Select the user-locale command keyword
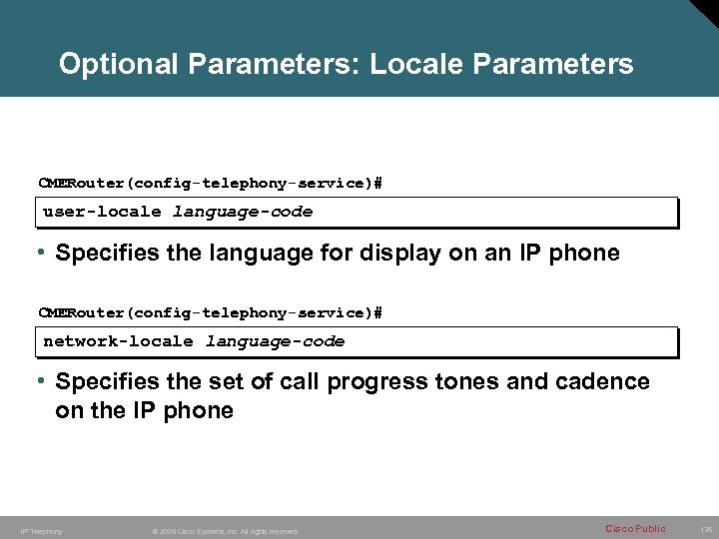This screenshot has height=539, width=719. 102,212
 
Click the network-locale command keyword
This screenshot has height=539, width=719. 118,341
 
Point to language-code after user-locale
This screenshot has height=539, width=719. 243,212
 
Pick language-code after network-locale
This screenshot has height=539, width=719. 275,341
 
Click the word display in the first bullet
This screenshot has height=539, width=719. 394,254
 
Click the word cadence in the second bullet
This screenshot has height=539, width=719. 603,382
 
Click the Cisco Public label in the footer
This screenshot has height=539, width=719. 635,528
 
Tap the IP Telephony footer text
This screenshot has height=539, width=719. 41,531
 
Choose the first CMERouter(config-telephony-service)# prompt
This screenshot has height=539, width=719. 210,184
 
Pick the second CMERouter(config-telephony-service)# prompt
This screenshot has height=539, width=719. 210,313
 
